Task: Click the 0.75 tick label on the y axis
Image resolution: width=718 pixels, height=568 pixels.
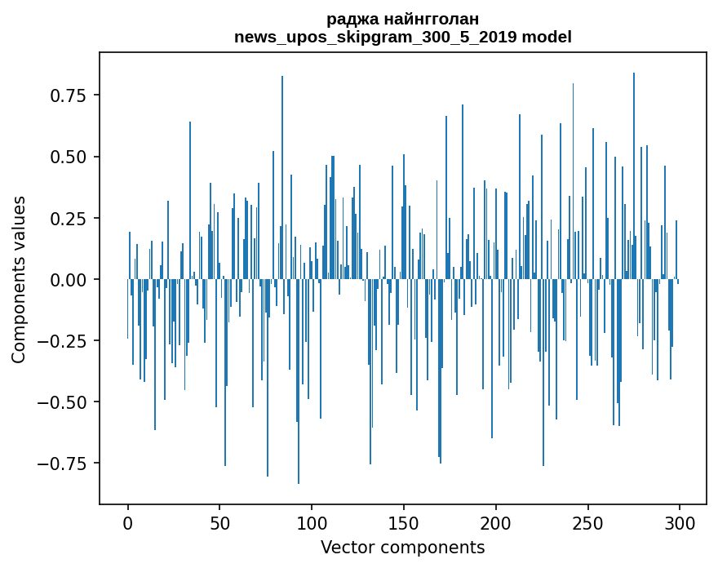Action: (69, 95)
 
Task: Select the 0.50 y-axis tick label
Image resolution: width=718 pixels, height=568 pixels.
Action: (69, 157)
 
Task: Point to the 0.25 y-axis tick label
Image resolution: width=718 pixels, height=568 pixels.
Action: (69, 218)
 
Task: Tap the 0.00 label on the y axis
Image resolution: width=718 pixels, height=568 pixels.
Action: (69, 279)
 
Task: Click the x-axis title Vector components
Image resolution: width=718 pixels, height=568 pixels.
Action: (403, 547)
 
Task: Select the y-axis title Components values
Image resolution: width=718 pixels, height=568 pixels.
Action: (18, 279)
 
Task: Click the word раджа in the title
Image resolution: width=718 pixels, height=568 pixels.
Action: (352, 20)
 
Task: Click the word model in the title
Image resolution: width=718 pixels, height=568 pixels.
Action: (548, 37)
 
